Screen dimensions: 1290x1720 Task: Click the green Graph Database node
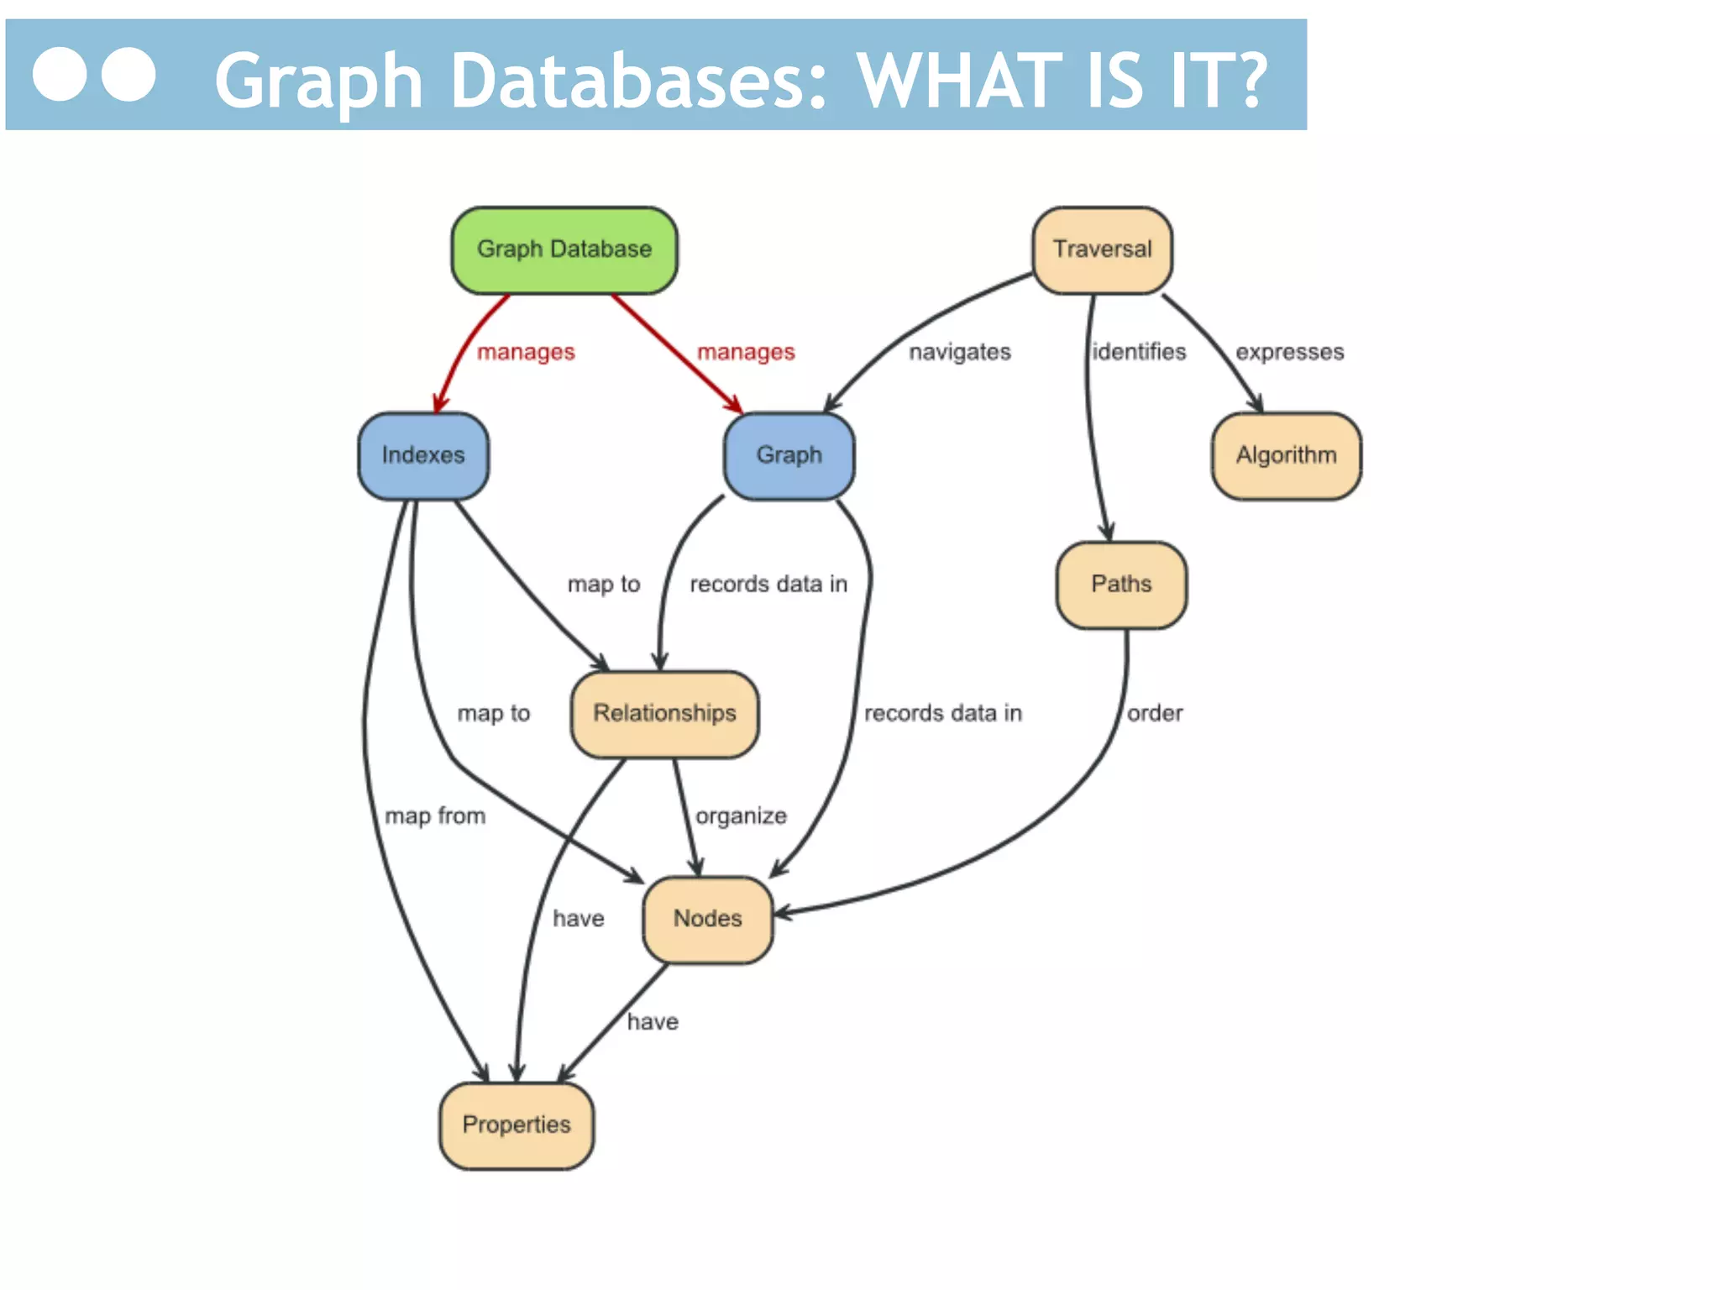(x=564, y=249)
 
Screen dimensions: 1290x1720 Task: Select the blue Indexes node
(x=423, y=455)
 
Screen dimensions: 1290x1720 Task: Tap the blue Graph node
(x=789, y=455)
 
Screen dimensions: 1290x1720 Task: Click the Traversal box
(x=1102, y=249)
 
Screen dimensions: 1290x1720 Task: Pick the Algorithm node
(x=1286, y=455)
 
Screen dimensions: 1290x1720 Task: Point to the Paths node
(x=1121, y=584)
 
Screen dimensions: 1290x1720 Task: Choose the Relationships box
(x=664, y=713)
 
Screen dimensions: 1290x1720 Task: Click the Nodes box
(x=707, y=919)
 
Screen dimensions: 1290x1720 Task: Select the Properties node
(x=517, y=1125)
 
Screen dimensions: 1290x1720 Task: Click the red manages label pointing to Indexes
(x=526, y=352)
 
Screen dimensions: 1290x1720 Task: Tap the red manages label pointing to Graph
(x=746, y=352)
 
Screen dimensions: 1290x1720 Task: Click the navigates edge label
(x=960, y=352)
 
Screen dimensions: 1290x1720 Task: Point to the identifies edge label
(x=1139, y=352)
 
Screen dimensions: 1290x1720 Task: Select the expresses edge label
(x=1289, y=352)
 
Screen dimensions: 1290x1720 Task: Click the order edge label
(x=1155, y=713)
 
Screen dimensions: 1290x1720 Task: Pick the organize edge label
(x=741, y=815)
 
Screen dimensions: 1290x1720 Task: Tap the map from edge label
(x=435, y=815)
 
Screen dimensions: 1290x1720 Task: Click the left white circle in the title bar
(x=60, y=75)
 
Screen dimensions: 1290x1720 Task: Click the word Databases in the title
(x=638, y=81)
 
